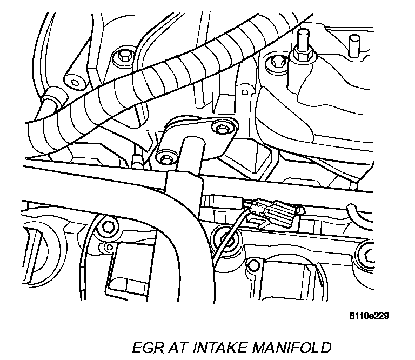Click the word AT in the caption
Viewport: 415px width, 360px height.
click(172, 346)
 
